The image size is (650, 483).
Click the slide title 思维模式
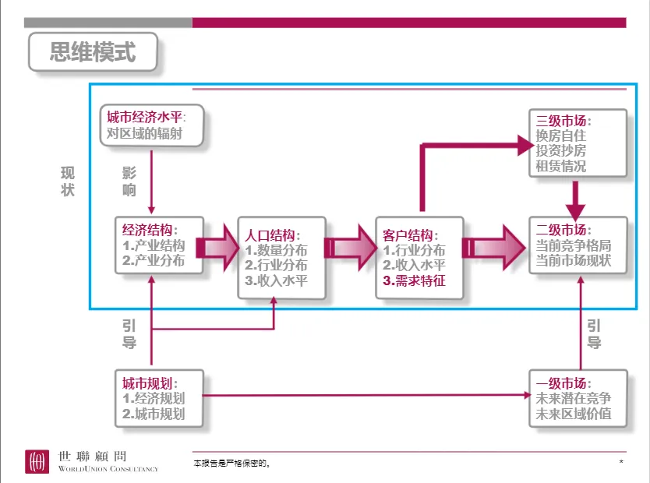(92, 52)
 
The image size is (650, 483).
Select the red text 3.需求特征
(415, 281)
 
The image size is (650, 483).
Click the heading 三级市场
(563, 122)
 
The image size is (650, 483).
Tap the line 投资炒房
(561, 151)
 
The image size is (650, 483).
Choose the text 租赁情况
(561, 166)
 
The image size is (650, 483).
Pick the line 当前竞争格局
(574, 245)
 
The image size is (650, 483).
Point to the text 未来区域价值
(574, 414)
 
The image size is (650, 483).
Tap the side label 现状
(68, 181)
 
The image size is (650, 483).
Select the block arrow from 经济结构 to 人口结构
(220, 248)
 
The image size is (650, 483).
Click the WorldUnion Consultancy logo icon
(35, 461)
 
